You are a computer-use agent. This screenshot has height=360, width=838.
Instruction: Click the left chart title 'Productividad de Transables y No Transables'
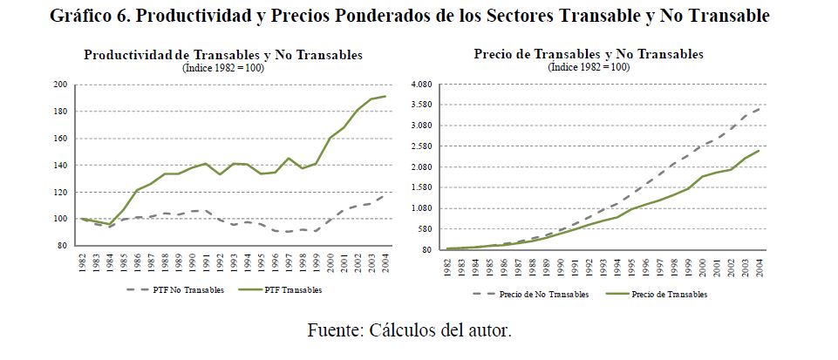(222, 55)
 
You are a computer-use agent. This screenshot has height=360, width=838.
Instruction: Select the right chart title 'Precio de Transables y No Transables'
(589, 54)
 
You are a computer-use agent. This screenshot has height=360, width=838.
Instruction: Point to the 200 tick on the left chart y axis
(60, 85)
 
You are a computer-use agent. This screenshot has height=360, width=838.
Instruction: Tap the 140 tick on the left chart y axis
(60, 166)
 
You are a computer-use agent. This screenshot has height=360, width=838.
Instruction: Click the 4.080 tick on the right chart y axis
(421, 85)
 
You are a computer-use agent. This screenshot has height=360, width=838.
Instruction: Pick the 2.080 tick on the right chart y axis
(421, 167)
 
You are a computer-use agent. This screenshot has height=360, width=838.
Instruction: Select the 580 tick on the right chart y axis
(425, 229)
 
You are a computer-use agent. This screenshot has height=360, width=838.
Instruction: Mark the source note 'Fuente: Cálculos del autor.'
(409, 330)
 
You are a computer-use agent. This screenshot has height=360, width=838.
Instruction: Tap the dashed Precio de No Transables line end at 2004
(760, 107)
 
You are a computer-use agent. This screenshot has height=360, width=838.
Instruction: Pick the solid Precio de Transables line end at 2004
(760, 151)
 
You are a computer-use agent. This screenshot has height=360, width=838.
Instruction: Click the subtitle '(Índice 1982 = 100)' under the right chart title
(589, 66)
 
